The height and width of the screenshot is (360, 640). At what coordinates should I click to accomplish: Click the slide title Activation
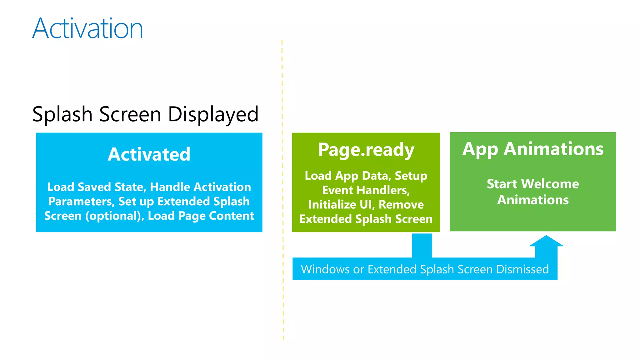[x=87, y=28]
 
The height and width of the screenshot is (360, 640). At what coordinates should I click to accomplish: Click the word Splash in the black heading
[x=62, y=114]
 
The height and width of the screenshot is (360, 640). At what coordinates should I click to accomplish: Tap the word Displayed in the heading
[x=213, y=114]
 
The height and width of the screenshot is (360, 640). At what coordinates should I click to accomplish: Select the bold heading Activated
[x=149, y=154]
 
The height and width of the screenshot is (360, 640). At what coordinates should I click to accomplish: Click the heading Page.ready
[x=366, y=150]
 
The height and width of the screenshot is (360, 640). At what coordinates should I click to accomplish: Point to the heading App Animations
[x=533, y=149]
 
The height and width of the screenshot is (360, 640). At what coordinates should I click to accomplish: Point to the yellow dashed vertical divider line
[x=282, y=187]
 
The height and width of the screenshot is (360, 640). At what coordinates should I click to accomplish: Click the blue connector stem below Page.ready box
[x=422, y=245]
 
